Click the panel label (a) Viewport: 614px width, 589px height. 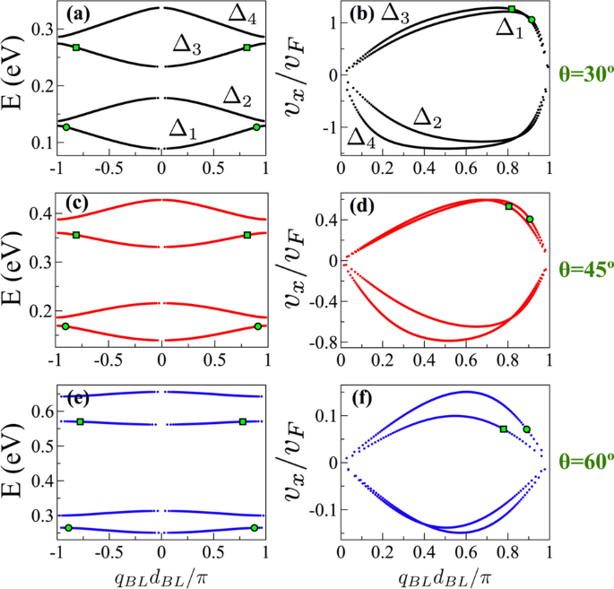point(77,15)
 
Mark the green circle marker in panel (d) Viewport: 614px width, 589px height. point(530,219)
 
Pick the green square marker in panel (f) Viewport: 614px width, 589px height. point(504,429)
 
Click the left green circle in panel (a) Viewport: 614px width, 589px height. point(66,127)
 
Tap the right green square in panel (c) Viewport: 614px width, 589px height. point(246,235)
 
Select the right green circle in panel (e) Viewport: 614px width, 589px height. point(255,528)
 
